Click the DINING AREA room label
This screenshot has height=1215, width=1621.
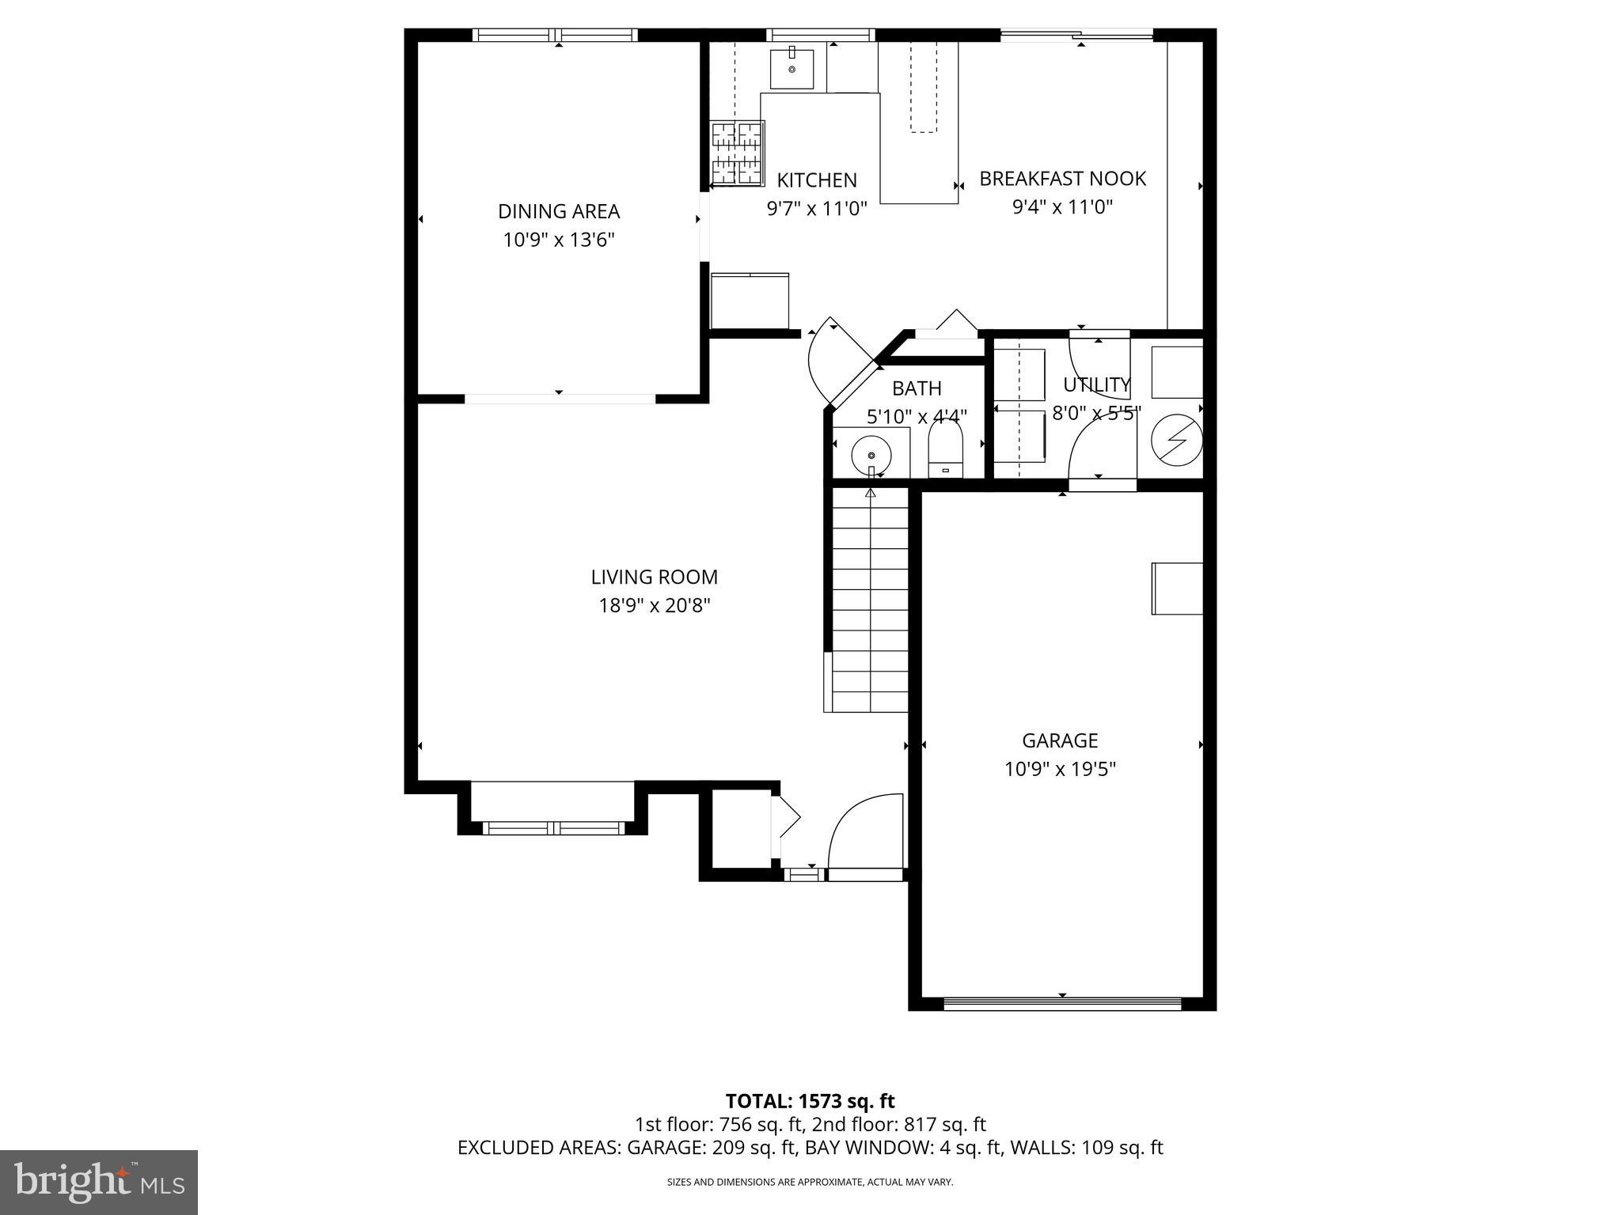tap(558, 211)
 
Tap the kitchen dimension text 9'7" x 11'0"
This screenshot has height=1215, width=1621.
tap(817, 209)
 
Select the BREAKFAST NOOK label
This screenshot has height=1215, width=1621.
tap(1062, 179)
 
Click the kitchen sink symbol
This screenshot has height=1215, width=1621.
tap(792, 69)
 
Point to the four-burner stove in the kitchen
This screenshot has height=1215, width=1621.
tap(737, 153)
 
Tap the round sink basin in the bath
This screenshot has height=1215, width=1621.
tap(871, 456)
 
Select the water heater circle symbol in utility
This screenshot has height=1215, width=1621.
tap(1176, 438)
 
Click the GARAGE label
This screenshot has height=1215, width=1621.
tap(1060, 740)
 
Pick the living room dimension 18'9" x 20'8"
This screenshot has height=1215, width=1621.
tap(655, 606)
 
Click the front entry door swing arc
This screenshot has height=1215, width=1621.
tap(863, 831)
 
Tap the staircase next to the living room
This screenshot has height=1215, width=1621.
tap(869, 601)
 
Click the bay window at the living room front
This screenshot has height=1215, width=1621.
tap(553, 827)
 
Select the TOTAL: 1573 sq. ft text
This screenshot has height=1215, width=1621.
tap(810, 1101)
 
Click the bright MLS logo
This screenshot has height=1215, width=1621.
tap(98, 1182)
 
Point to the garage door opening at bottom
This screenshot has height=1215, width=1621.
tap(1062, 1003)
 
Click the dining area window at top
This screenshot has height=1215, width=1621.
tap(555, 35)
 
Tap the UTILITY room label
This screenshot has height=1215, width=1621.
tap(1096, 385)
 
